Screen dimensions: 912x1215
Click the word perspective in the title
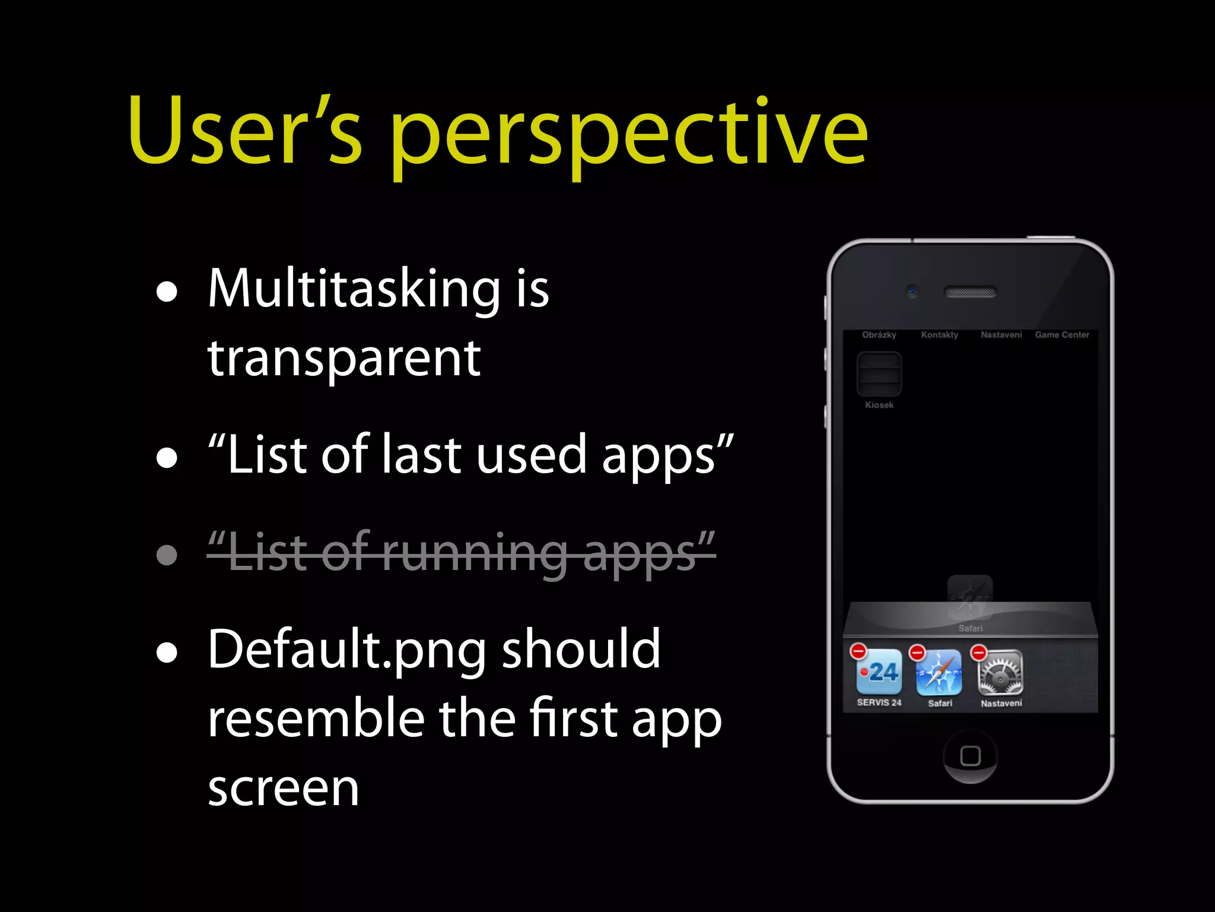pos(629,134)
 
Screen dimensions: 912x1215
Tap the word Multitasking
pos(354,289)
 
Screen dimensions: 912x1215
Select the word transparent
pos(344,359)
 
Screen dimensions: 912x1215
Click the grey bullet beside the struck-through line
pos(167,556)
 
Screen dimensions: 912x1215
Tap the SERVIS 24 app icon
pos(879,673)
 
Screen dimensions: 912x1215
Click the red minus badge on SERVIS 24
pos(858,651)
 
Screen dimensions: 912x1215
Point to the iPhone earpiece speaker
pos(970,292)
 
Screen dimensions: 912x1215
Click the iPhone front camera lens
pos(912,292)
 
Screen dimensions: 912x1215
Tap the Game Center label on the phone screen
pos(1062,335)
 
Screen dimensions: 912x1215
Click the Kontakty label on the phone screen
pos(939,335)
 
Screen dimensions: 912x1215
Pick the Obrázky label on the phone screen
pos(879,335)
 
